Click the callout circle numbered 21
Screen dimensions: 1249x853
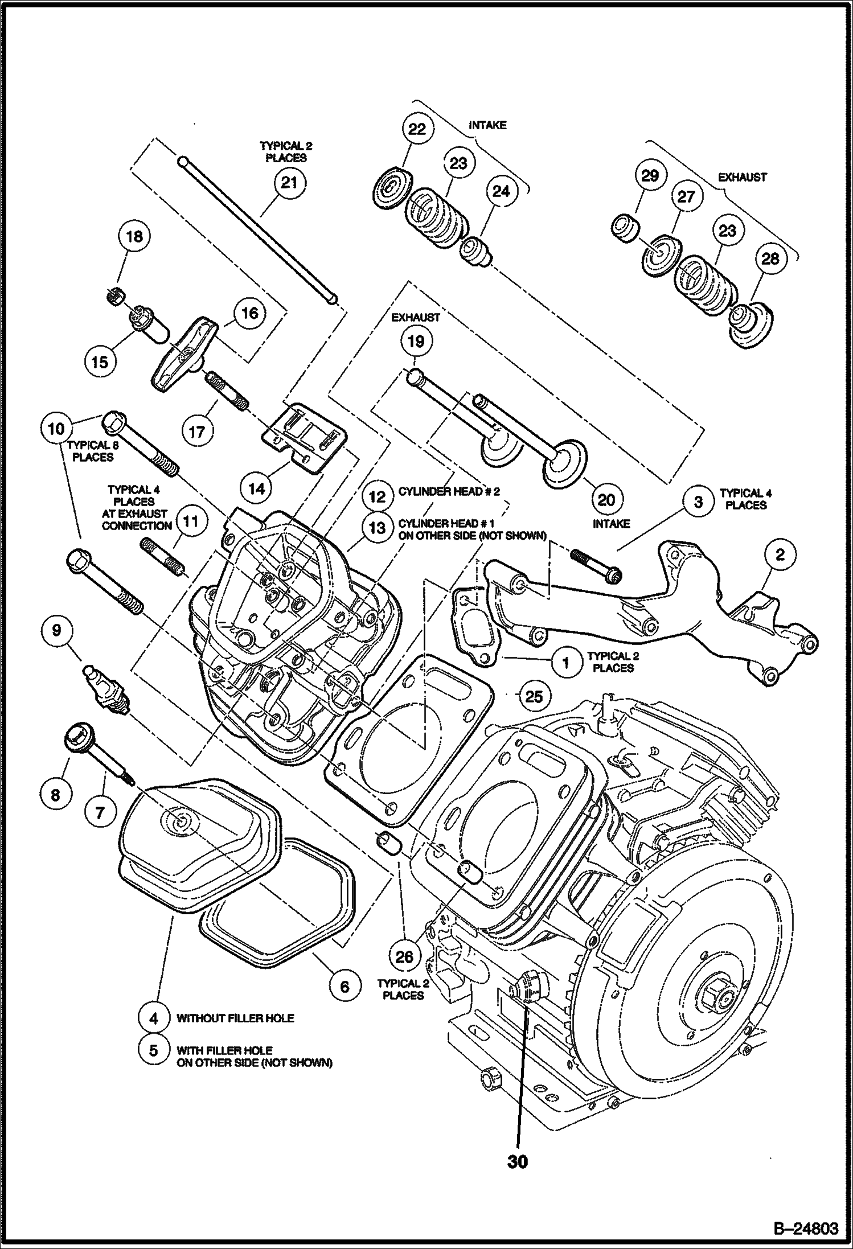tap(289, 183)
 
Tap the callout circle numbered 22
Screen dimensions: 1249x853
tap(417, 129)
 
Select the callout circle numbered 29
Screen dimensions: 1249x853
tap(650, 175)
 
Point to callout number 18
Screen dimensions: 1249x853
tap(134, 236)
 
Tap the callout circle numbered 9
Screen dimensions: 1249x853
tap(56, 630)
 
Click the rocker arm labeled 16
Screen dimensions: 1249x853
tap(184, 353)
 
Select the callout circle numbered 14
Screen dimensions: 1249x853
tap(257, 488)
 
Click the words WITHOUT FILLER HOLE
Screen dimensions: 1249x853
tap(235, 1018)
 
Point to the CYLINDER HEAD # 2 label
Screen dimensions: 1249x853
tap(449, 492)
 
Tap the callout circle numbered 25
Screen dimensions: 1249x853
tap(534, 696)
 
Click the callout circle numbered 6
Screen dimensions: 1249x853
tap(345, 985)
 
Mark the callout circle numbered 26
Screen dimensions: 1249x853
tap(404, 956)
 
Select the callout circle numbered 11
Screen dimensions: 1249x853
tap(191, 521)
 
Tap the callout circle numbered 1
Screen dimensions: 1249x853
tap(565, 662)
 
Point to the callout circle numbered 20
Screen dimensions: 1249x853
tap(606, 500)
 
